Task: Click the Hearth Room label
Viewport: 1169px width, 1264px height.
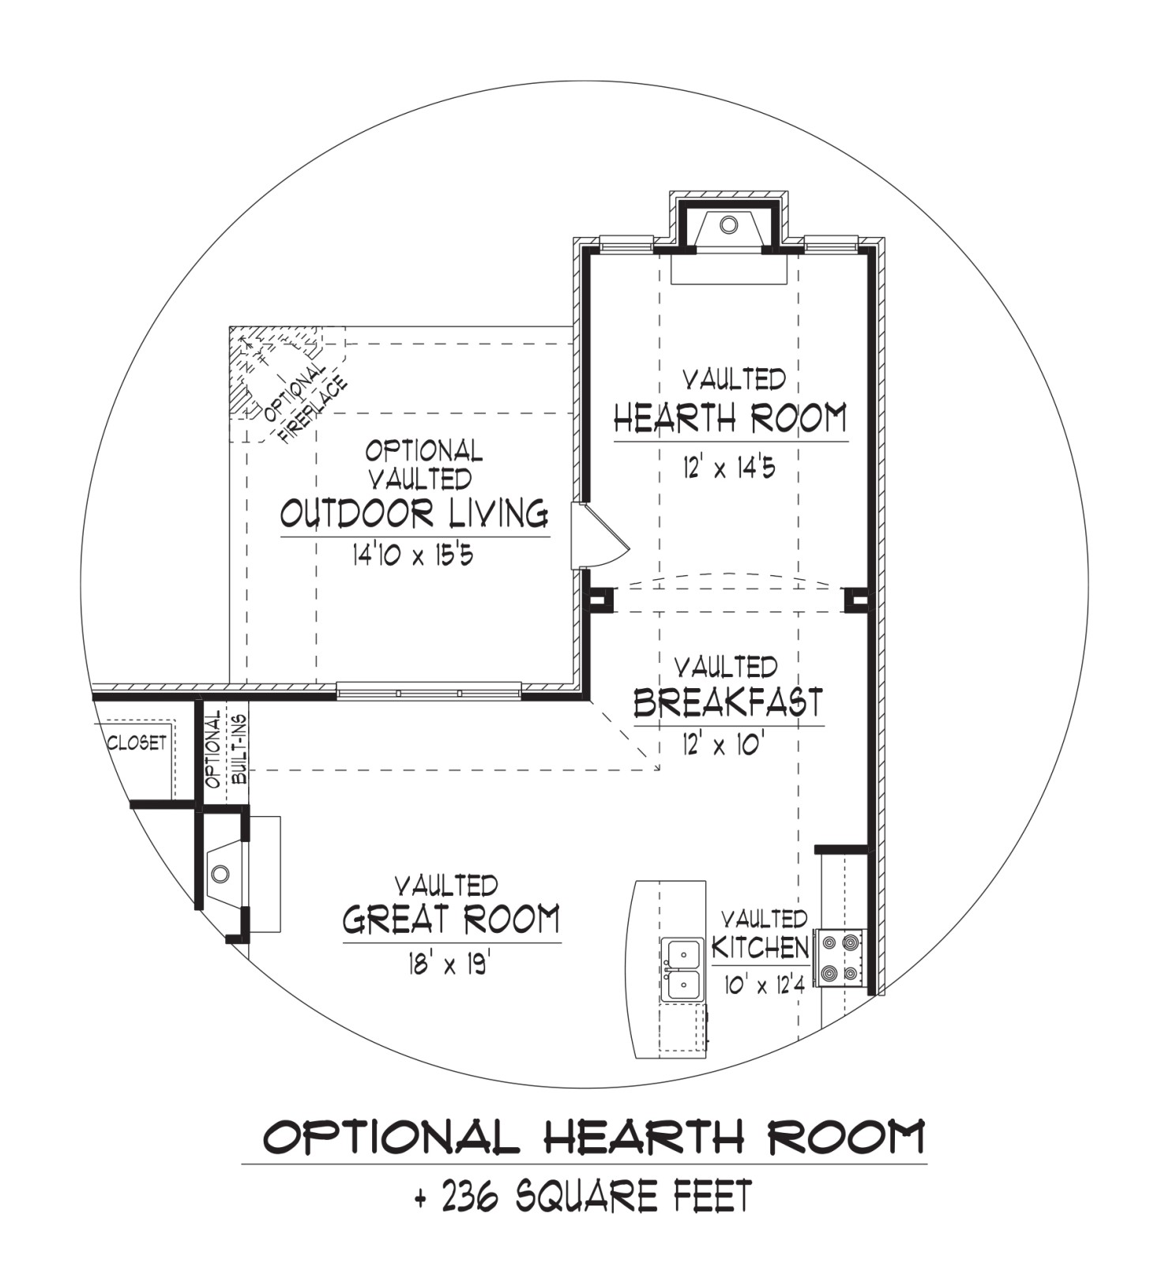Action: coord(731,418)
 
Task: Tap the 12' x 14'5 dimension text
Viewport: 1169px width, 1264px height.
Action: coord(730,468)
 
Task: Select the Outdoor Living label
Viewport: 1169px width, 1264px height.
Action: coord(415,513)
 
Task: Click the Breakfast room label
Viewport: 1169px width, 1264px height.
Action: coord(728,702)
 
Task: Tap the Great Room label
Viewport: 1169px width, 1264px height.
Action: coord(452,919)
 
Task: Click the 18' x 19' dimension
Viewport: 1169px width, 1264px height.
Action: coord(450,964)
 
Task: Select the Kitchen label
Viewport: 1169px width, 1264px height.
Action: coord(761,946)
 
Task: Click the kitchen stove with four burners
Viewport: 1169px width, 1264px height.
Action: coord(840,957)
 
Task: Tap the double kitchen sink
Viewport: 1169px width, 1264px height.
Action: coord(683,969)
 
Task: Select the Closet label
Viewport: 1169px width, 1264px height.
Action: coord(137,743)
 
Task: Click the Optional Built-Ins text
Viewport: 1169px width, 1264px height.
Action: coord(226,749)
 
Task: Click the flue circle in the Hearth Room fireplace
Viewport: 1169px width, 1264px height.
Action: coord(729,225)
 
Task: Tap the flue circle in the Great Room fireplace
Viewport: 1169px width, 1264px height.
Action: coord(220,874)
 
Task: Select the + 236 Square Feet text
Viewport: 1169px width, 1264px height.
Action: coord(584,1196)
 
